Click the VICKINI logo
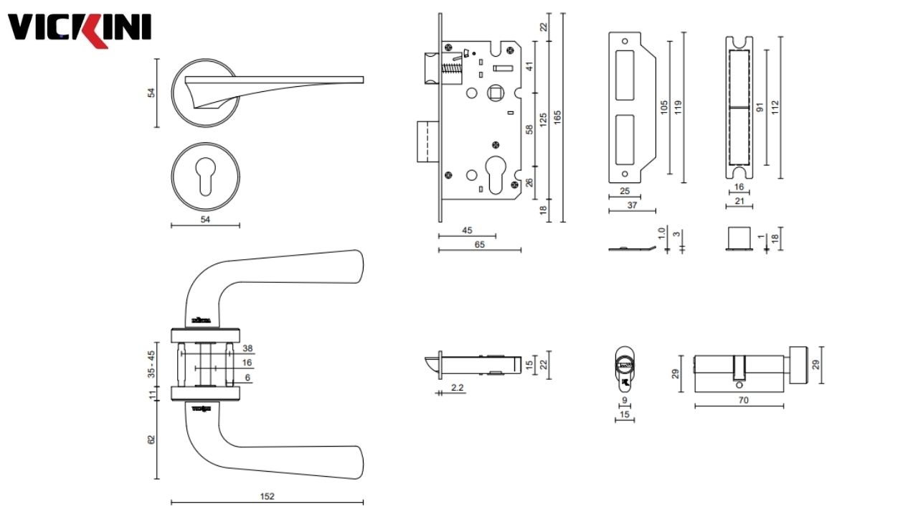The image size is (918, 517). pyautogui.click(x=79, y=29)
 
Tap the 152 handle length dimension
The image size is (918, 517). pyautogui.click(x=267, y=495)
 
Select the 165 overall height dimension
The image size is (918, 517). pyautogui.click(x=557, y=117)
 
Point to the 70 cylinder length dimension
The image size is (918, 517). pyautogui.click(x=743, y=400)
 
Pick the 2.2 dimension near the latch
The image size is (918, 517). pyautogui.click(x=456, y=388)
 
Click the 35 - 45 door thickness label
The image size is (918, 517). pyautogui.click(x=151, y=364)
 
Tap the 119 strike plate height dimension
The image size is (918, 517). pyautogui.click(x=678, y=107)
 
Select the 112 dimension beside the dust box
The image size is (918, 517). pyautogui.click(x=775, y=107)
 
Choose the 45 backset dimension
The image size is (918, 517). pyautogui.click(x=466, y=230)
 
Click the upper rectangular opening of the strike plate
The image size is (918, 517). pyautogui.click(x=625, y=75)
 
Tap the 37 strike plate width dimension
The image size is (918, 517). pyautogui.click(x=631, y=205)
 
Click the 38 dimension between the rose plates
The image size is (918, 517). pyautogui.click(x=248, y=348)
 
